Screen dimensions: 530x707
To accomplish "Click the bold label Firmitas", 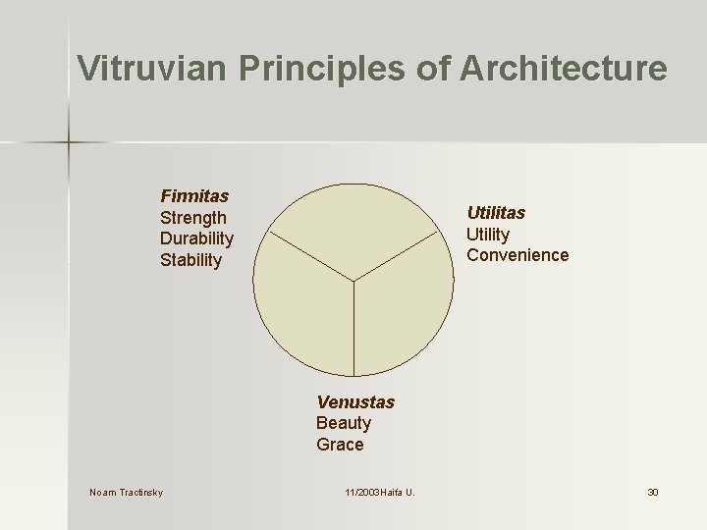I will (194, 196).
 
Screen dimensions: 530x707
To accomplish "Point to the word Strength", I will (193, 218).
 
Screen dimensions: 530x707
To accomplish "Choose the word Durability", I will (196, 238).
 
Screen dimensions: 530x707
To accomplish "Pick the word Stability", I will (190, 260).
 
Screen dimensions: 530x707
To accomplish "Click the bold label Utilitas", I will (496, 212).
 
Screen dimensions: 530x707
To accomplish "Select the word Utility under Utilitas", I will (488, 234).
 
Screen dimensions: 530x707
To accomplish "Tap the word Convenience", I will (517, 255).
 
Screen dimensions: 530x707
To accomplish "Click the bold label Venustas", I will (355, 401).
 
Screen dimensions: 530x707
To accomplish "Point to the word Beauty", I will (344, 423).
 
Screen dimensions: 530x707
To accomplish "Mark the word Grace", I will (340, 445).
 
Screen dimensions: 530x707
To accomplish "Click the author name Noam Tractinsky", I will (127, 492).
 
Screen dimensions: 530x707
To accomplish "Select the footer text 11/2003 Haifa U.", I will (380, 492).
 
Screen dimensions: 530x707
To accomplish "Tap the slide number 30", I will (652, 492).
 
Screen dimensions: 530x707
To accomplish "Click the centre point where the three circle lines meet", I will (353, 282).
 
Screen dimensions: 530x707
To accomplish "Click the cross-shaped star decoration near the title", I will (69, 143).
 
